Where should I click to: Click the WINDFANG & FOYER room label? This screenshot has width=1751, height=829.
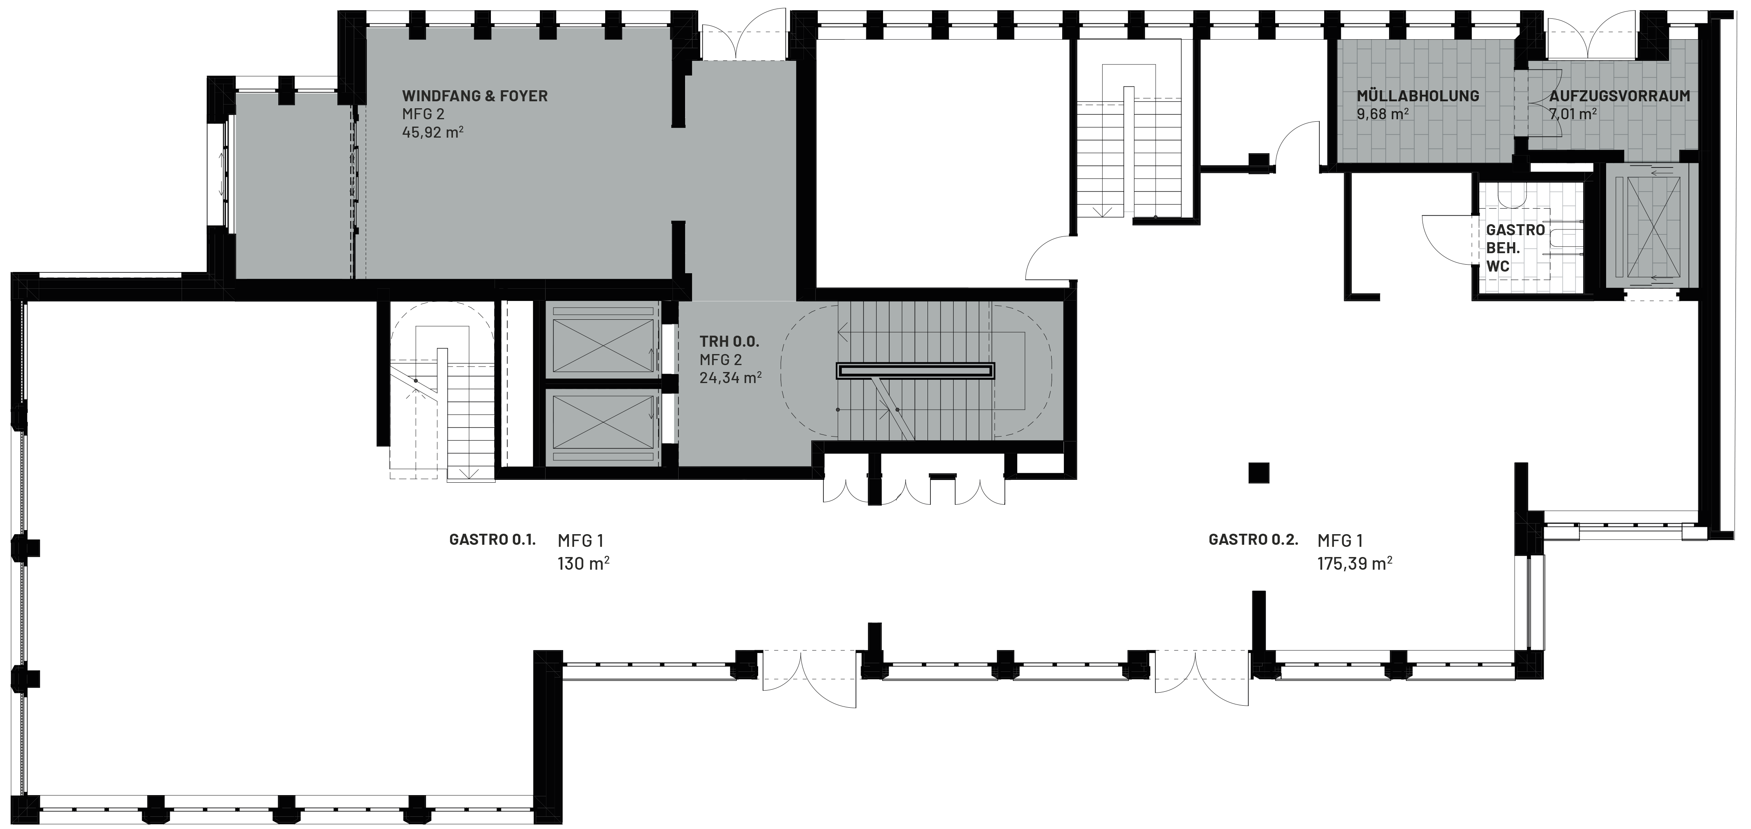coord(475,96)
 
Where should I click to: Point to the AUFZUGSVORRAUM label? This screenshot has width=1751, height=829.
coord(1620,96)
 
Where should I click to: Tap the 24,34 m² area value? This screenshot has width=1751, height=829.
coord(730,377)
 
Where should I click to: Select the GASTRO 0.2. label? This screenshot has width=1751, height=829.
coord(1254,540)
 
